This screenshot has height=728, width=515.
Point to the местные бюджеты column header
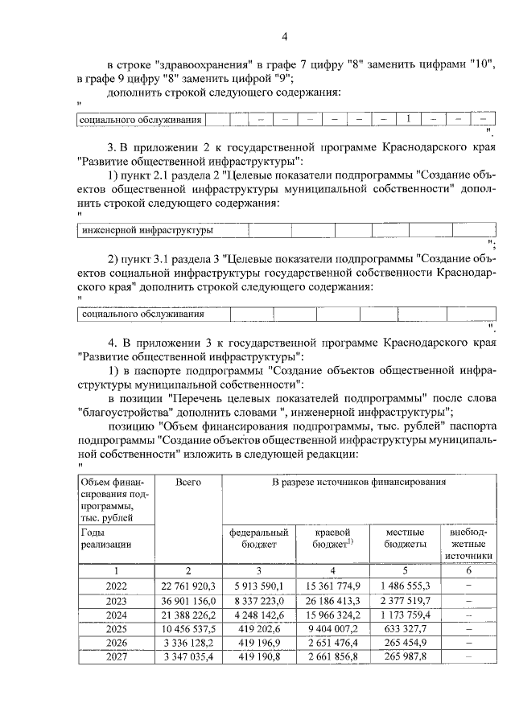406,538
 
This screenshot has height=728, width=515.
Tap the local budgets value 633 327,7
406,629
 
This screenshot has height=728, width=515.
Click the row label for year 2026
116,644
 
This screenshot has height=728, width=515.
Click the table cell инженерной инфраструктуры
148,230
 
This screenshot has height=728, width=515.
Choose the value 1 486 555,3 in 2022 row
406,586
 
